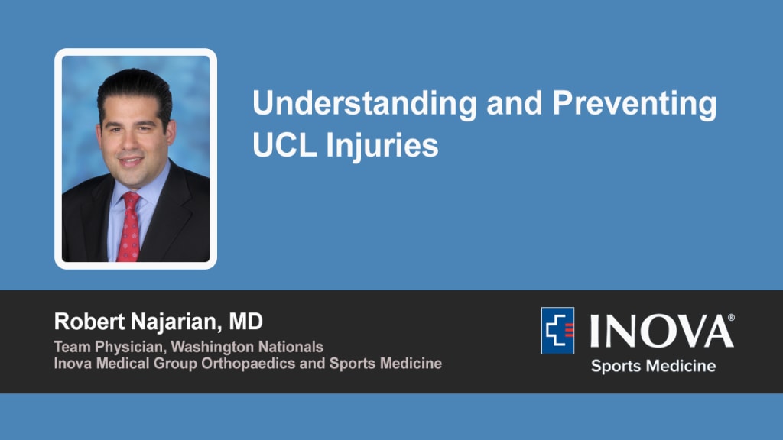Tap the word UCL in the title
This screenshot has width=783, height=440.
tap(284, 145)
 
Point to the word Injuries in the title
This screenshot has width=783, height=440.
tap(382, 147)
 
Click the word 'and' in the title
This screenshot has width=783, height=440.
tap(515, 103)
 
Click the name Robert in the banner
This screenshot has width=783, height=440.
tap(89, 322)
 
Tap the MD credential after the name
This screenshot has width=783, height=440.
tap(245, 322)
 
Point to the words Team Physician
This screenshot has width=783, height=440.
tap(110, 348)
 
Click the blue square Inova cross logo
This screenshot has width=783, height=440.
tap(557, 331)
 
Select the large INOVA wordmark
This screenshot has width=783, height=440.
tap(661, 331)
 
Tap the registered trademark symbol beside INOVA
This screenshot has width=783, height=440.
tap(731, 318)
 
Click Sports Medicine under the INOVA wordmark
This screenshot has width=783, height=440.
tap(653, 366)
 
